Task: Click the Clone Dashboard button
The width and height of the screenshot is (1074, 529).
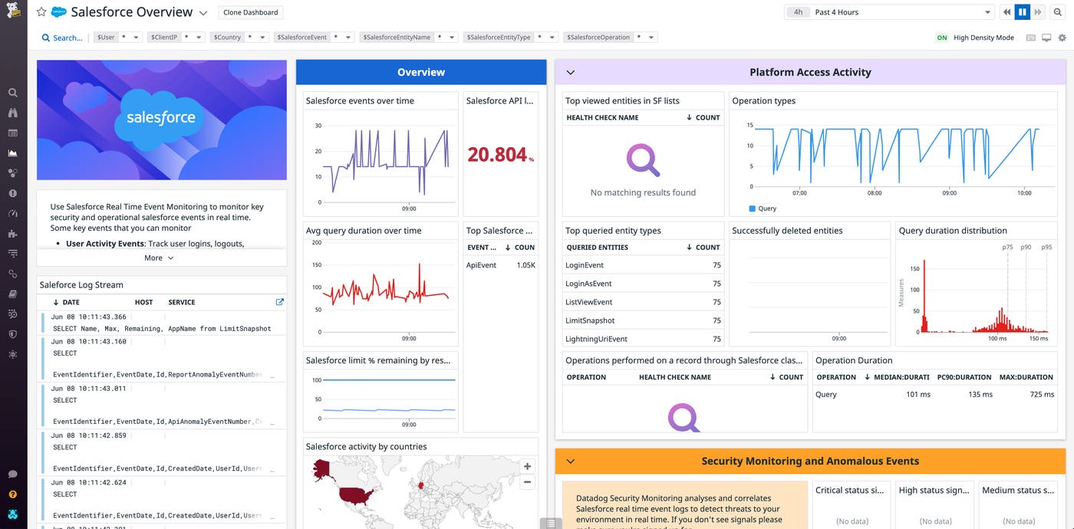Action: click(x=251, y=12)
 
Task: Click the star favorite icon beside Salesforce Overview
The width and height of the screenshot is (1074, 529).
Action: click(x=41, y=12)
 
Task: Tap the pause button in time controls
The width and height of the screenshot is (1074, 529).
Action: click(x=1022, y=12)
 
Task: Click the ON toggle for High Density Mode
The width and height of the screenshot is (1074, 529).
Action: click(x=942, y=38)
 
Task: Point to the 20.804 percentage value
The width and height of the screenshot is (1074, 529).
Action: click(x=499, y=155)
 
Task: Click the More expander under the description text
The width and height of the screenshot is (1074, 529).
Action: click(x=159, y=258)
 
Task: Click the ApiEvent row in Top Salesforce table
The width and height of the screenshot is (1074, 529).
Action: click(x=482, y=265)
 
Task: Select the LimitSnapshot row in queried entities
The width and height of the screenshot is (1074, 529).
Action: click(x=590, y=320)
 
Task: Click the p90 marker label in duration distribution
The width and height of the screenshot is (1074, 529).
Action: click(x=1026, y=248)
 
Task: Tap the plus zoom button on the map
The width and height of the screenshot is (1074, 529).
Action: click(x=527, y=466)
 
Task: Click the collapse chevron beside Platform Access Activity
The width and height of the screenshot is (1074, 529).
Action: click(x=570, y=72)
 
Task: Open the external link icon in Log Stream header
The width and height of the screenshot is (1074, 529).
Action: click(x=279, y=302)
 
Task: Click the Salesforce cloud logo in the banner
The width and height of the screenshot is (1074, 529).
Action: click(x=161, y=117)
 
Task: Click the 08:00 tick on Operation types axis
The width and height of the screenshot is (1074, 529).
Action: click(x=875, y=193)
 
